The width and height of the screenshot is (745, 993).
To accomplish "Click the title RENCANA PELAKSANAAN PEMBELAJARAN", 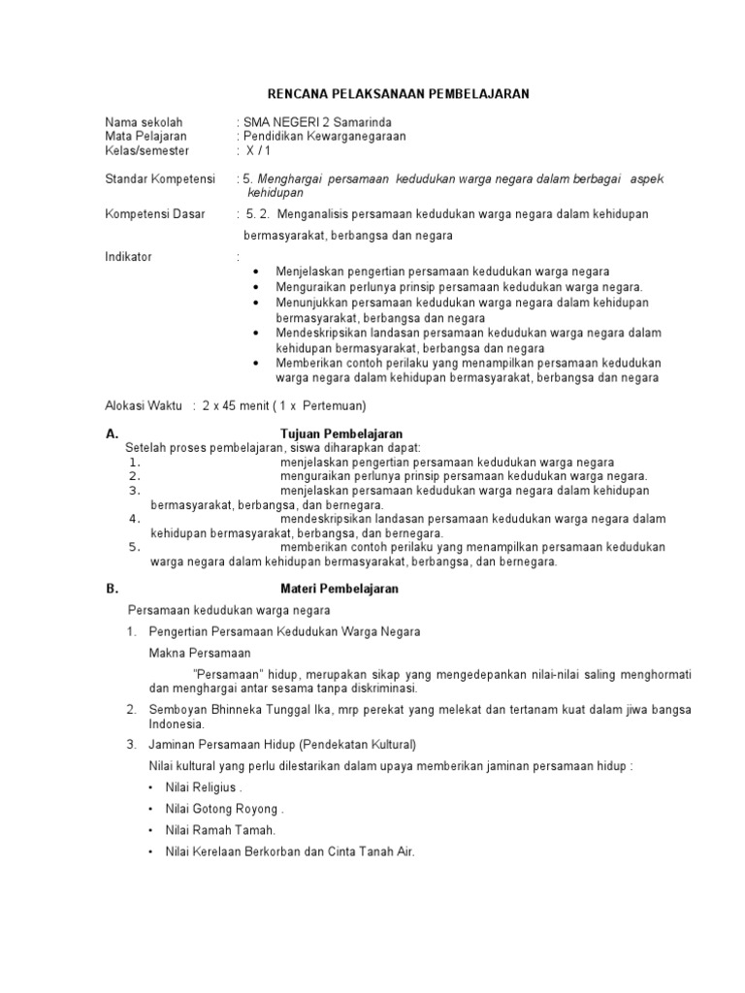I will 398,93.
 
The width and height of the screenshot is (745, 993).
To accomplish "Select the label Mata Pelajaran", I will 146,137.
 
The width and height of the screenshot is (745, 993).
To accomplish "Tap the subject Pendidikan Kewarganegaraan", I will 325,137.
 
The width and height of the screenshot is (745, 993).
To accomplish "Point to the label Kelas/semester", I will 147,151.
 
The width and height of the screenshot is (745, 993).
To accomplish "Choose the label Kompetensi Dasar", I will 155,213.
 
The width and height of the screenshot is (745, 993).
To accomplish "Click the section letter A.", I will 111,433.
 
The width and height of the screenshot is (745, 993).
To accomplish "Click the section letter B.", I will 111,589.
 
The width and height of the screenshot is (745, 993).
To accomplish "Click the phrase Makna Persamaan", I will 199,653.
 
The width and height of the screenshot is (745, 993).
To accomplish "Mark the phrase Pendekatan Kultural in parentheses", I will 358,745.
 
